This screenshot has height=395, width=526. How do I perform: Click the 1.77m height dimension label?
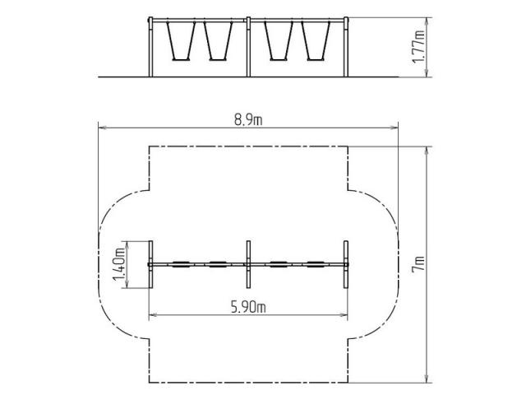pyautogui.click(x=418, y=47)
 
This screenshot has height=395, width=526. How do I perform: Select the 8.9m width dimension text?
pyautogui.click(x=248, y=120)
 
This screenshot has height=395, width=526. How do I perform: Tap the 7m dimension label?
pyautogui.click(x=419, y=264)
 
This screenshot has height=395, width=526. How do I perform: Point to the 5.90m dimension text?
pyautogui.click(x=248, y=307)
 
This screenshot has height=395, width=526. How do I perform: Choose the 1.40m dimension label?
pyautogui.click(x=119, y=264)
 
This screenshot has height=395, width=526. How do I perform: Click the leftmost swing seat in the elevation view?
pyautogui.click(x=181, y=60)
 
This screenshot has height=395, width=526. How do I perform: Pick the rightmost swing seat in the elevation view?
pyautogui.click(x=316, y=60)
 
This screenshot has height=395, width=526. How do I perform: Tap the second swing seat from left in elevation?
pyautogui.click(x=218, y=60)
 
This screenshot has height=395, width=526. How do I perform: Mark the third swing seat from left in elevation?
pyautogui.click(x=279, y=60)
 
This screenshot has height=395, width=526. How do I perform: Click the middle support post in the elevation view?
pyautogui.click(x=248, y=47)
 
